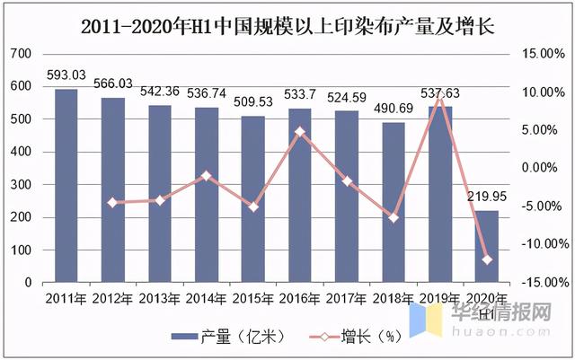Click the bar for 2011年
66,185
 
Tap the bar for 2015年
252,198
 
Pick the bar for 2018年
393,202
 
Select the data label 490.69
393,109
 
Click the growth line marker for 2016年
299,131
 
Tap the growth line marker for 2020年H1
487,259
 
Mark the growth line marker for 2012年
112,203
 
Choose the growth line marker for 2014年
206,175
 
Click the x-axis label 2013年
160,299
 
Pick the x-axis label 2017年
346,299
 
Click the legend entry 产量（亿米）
230,338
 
